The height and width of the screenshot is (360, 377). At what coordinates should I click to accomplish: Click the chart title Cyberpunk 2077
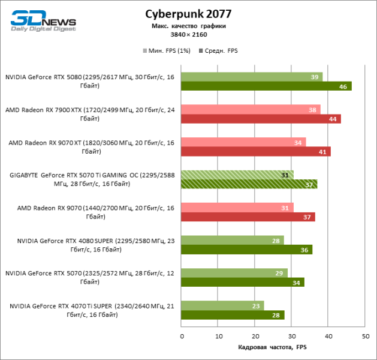point(188,14)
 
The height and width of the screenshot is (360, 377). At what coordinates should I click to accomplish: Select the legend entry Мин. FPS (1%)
point(167,50)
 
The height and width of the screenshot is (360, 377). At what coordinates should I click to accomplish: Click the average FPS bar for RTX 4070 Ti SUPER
point(233,315)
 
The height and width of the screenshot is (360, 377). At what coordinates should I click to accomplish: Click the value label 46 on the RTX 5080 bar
point(343,86)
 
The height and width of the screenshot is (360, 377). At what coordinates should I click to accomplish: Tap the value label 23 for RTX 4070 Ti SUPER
point(256,306)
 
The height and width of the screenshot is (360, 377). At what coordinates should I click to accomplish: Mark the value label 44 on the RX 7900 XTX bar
point(333,119)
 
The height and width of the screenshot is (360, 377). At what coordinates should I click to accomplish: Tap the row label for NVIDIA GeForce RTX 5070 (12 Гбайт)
point(90,277)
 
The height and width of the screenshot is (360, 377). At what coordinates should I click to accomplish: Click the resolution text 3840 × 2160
point(188,35)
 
